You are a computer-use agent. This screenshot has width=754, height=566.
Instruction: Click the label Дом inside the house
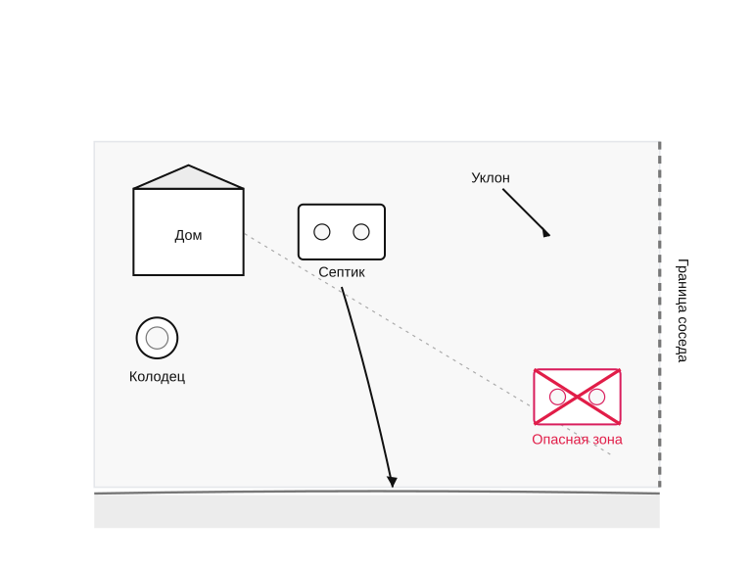[x=188, y=235]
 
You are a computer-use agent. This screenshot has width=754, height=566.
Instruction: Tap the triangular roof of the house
[x=188, y=178]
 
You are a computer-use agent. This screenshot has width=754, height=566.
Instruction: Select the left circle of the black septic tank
[x=322, y=232]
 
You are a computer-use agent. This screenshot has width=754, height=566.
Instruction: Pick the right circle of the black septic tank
[x=361, y=232]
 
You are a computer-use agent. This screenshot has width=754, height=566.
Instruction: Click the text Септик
[x=342, y=272]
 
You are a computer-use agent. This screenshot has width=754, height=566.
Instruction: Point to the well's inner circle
[x=157, y=338]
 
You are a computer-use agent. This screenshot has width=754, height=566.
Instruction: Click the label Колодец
[x=158, y=376]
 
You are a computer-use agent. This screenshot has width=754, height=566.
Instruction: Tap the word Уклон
[x=491, y=178]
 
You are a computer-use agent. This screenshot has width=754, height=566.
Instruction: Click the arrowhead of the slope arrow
[x=546, y=233]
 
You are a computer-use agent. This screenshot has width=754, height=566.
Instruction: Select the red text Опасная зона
[x=577, y=440]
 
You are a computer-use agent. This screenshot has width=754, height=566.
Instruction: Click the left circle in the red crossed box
[x=557, y=397]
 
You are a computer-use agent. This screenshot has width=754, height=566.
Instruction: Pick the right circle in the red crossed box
[x=596, y=397]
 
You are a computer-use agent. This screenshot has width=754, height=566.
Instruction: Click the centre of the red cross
[x=577, y=397]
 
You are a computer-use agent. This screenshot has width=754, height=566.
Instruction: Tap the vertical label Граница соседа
[x=683, y=310]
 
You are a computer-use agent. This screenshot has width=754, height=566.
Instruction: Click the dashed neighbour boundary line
[x=660, y=314]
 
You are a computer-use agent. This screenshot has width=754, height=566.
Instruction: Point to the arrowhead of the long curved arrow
[x=392, y=482]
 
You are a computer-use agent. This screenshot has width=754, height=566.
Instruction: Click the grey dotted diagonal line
[x=428, y=345]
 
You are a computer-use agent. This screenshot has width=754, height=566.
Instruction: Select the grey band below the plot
[x=377, y=511]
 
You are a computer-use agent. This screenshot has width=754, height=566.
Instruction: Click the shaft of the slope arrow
[x=524, y=211]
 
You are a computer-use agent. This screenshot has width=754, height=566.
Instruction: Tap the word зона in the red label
[x=606, y=440]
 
